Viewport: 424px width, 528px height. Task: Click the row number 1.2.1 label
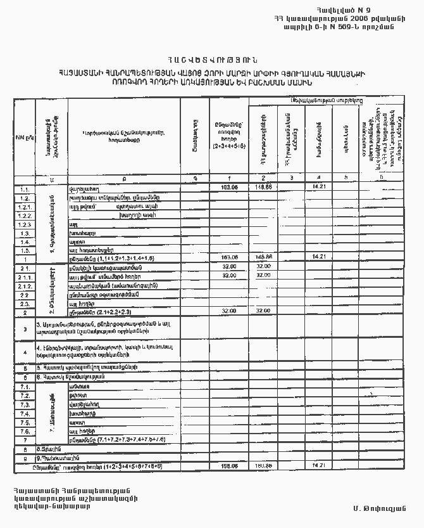click(x=25, y=207)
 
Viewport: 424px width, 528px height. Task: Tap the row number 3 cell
click(x=24, y=329)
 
